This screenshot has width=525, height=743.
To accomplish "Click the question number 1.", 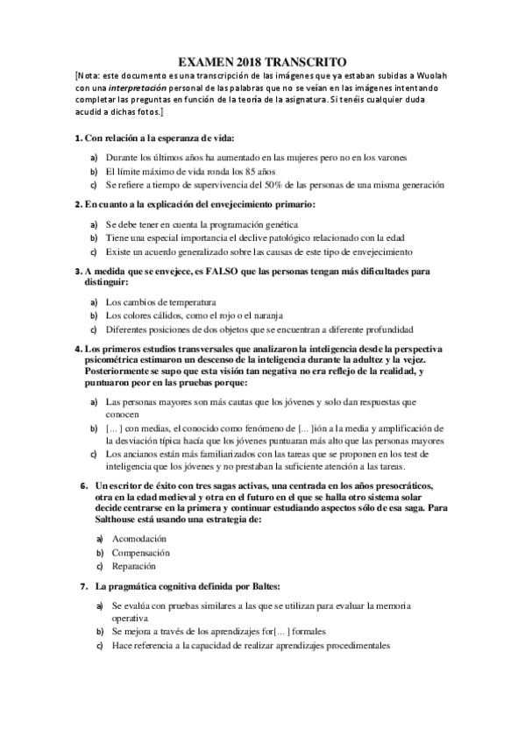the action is [x=78, y=138].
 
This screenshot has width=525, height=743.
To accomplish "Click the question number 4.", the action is [x=78, y=349].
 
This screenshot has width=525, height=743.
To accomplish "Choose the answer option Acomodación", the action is [x=138, y=538].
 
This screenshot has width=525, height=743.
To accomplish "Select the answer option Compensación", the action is [x=140, y=553].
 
